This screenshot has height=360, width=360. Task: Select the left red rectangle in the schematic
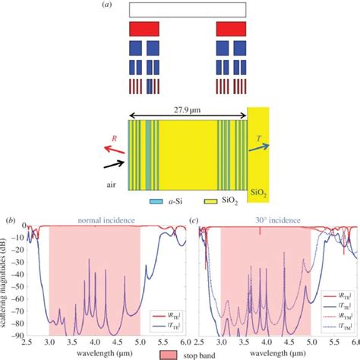pyautogui.click(x=144, y=29)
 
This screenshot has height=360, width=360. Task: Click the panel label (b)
pyautogui.click(x=10, y=220)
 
